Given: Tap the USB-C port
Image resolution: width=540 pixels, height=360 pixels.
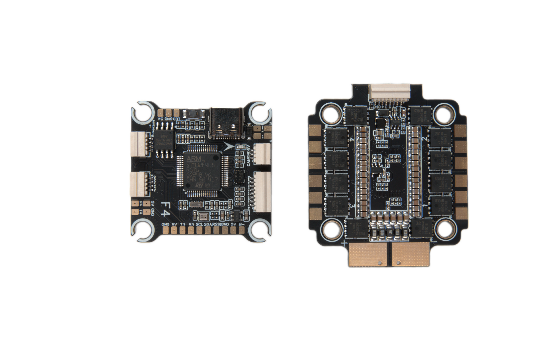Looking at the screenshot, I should [227, 123].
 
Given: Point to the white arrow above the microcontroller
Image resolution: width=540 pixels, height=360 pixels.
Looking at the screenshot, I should [228, 146].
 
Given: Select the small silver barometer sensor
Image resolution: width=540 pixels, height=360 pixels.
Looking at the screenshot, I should [203, 216].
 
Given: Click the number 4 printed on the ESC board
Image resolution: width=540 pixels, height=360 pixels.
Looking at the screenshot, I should [352, 139].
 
